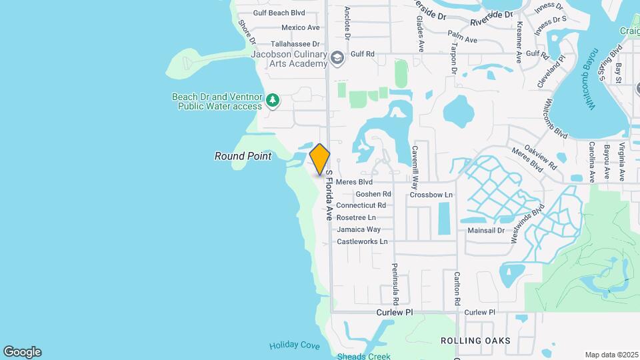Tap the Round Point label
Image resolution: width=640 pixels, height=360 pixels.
tap(243, 156)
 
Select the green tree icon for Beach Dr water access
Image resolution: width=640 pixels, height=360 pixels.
tap(272, 101)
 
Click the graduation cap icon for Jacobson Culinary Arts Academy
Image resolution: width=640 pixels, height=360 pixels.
tap(337, 58)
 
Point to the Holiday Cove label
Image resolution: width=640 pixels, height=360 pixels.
tap(294, 345)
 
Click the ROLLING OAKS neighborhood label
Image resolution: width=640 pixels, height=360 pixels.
tap(475, 341)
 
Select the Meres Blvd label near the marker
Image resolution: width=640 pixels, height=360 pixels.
tap(354, 181)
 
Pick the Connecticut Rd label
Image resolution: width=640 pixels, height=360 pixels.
tap(361, 205)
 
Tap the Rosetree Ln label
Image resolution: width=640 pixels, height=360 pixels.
tap(356, 217)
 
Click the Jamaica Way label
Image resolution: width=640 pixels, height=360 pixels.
tap(359, 229)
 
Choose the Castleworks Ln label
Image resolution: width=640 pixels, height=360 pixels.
tap(362, 241)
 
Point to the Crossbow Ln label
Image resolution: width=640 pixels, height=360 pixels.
tap(431, 195)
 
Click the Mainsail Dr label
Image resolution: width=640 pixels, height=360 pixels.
tap(488, 229)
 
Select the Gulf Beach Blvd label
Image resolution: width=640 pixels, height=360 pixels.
tap(279, 13)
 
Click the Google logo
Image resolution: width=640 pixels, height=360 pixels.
tap(22, 352)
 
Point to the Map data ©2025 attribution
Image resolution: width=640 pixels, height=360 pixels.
tap(611, 355)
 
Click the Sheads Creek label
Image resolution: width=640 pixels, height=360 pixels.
tap(363, 356)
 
